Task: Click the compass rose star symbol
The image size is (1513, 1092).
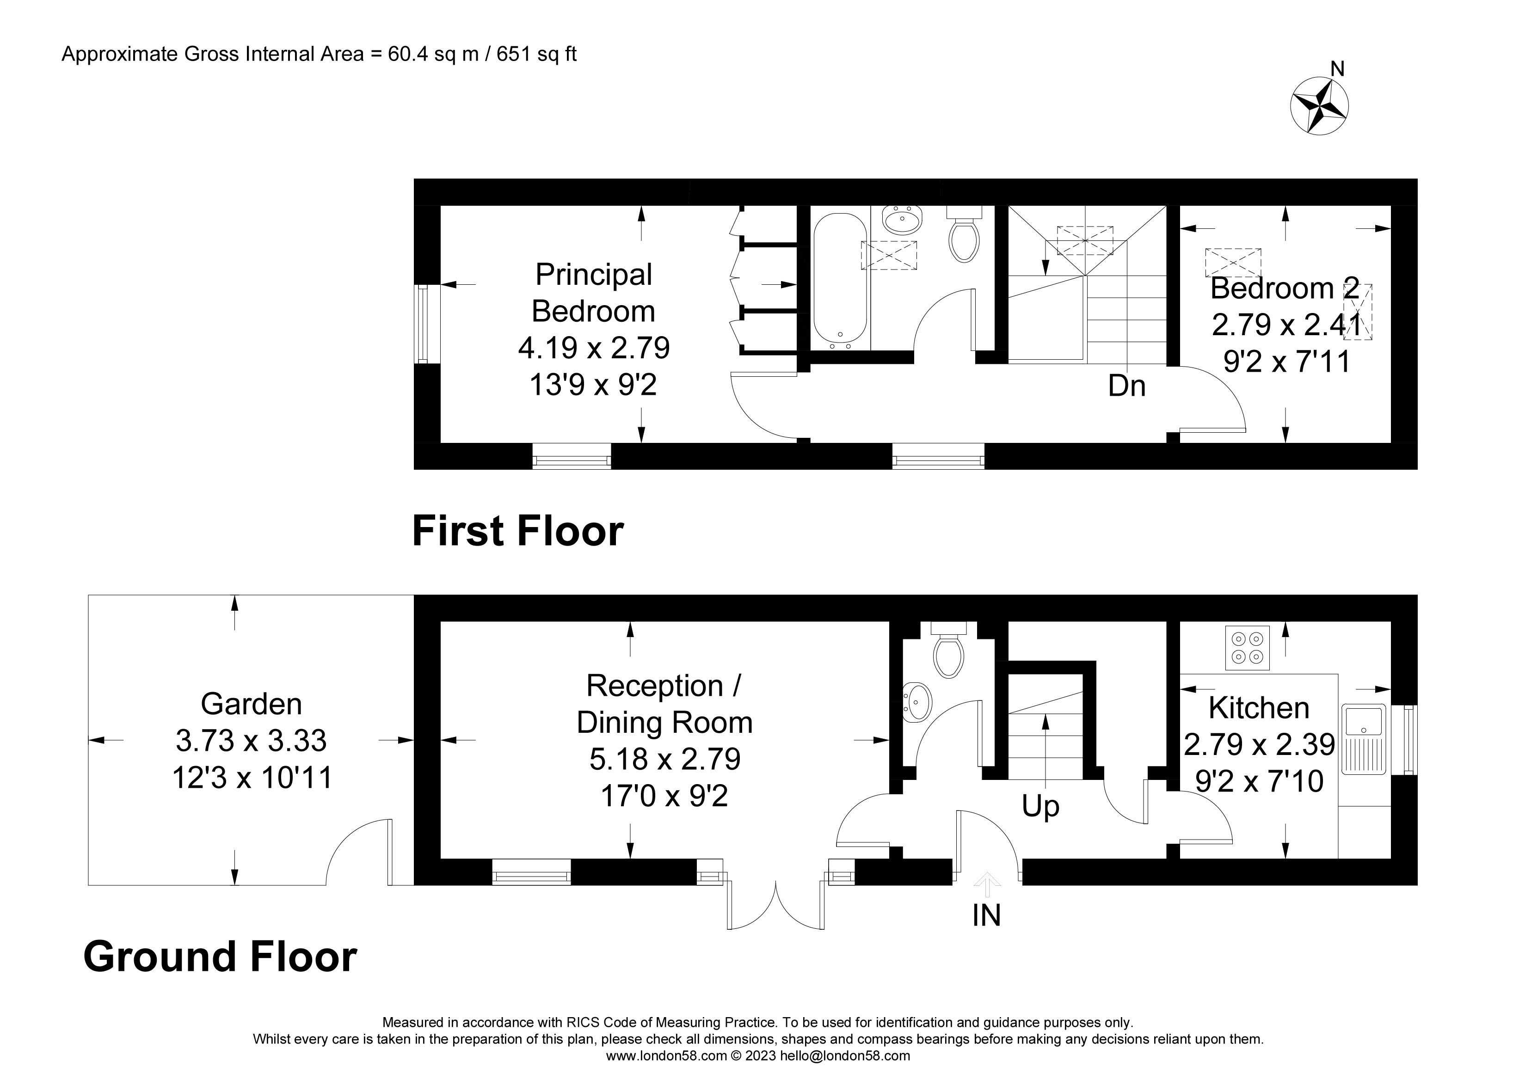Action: click(1319, 106)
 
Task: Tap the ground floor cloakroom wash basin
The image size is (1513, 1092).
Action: click(916, 702)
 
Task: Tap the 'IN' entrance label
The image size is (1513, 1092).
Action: click(987, 915)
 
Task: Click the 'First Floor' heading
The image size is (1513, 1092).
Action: click(518, 531)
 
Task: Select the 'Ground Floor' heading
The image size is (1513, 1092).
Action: click(220, 957)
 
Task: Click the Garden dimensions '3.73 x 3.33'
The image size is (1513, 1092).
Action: click(252, 741)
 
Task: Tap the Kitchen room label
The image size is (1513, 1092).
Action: click(1259, 708)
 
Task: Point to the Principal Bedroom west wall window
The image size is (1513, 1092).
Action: click(422, 324)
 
